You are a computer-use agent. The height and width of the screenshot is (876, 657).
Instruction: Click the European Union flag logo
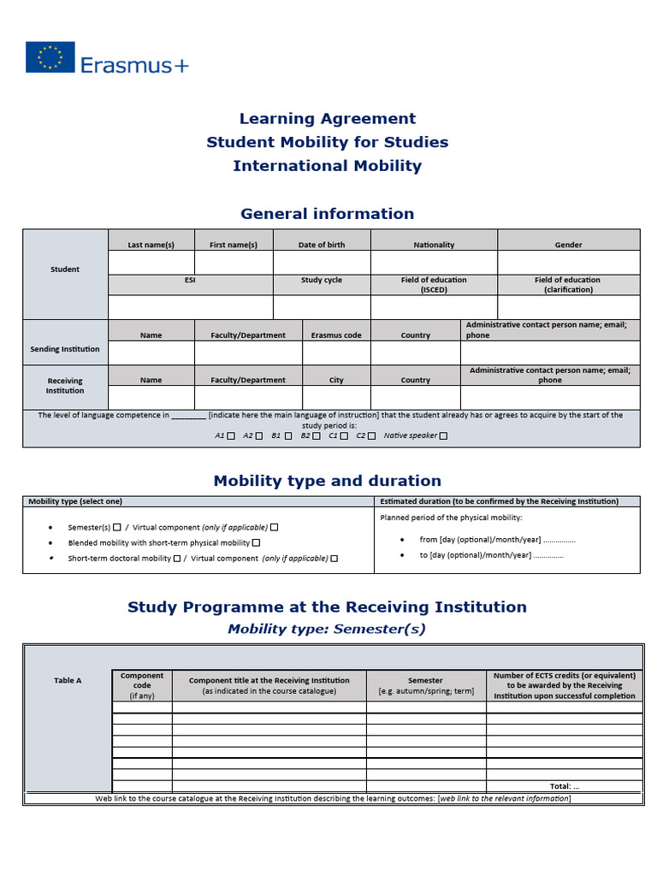(50, 57)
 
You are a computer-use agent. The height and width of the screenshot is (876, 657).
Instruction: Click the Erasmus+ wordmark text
(134, 65)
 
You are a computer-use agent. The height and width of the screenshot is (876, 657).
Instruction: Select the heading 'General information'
(327, 214)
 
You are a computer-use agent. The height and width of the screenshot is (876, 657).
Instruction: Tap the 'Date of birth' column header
(322, 245)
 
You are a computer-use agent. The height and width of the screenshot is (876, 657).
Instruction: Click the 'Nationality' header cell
(434, 245)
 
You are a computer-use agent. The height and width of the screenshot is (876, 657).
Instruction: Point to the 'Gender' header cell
(568, 245)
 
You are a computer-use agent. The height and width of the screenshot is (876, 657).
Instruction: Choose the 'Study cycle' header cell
(322, 280)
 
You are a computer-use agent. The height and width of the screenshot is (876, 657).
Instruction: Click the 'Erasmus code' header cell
(336, 335)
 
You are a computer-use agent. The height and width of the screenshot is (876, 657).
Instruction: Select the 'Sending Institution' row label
(65, 349)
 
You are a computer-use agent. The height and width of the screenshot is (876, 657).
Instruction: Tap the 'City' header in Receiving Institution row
(336, 380)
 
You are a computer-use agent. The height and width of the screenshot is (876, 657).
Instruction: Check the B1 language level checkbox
(288, 435)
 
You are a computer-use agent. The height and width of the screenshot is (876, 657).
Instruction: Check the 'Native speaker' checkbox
(442, 435)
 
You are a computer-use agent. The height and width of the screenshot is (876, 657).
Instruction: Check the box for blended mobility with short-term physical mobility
(256, 542)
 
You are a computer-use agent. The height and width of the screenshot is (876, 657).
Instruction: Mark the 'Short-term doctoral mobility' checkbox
(176, 559)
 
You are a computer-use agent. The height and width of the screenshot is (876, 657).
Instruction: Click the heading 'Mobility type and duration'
(327, 481)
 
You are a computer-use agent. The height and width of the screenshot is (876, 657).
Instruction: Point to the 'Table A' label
(68, 681)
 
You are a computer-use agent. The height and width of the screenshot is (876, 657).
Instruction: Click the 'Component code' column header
(142, 685)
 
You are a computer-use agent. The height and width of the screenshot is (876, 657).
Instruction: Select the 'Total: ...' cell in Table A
(564, 785)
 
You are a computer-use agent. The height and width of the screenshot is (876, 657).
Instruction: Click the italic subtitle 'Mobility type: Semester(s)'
(327, 630)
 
